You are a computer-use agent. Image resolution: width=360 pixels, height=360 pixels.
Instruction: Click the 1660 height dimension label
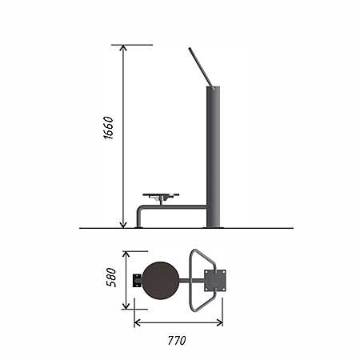tap(108, 127)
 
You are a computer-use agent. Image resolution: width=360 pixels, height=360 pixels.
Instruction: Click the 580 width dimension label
tap(111, 278)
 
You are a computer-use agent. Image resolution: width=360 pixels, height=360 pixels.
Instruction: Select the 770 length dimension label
tap(177, 341)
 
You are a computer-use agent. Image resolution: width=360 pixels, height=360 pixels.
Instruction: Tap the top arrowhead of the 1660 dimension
tap(123, 47)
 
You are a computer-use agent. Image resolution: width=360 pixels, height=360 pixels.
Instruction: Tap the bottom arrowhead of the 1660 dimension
tap(123, 226)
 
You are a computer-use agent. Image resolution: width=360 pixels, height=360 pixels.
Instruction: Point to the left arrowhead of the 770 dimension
tap(137, 323)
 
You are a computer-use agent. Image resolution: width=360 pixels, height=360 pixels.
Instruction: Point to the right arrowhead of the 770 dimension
tap(219, 323)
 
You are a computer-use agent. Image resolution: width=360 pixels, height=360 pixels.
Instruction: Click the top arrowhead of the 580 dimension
tap(126, 254)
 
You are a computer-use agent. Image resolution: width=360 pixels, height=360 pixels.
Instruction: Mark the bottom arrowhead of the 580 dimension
tap(126, 306)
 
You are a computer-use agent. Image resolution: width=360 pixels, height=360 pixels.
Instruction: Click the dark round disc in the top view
tap(161, 280)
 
